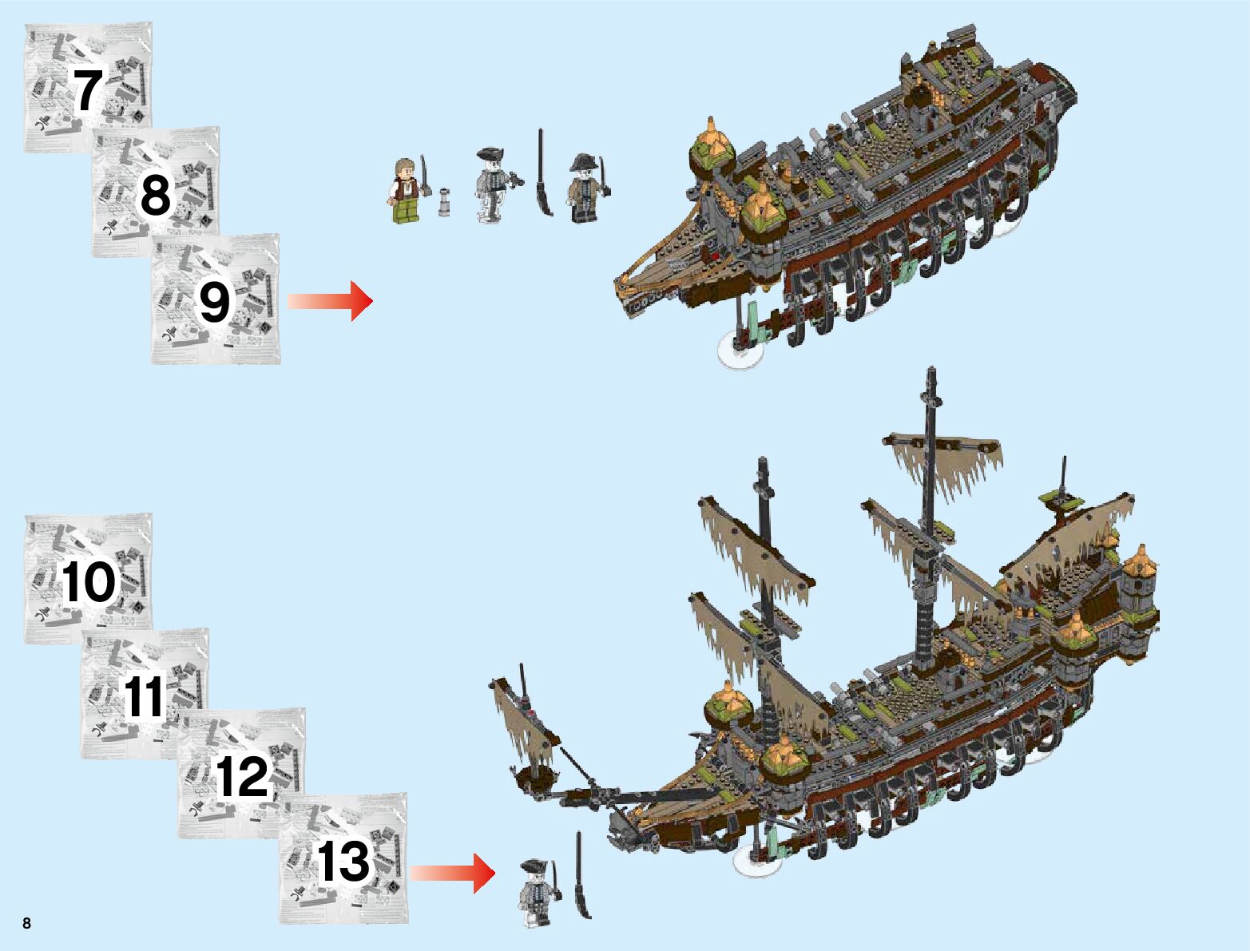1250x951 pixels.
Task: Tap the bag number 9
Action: pyautogui.click(x=214, y=303)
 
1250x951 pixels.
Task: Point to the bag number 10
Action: pyautogui.click(x=88, y=581)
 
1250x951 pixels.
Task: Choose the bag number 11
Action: pyautogui.click(x=145, y=696)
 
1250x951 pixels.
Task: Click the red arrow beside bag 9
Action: pyautogui.click(x=331, y=301)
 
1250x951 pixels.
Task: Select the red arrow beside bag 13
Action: pyautogui.click(x=453, y=874)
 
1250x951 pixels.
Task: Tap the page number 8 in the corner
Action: pyautogui.click(x=27, y=924)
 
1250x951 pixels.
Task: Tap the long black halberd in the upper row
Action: pyautogui.click(x=544, y=172)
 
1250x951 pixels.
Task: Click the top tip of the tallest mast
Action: pyautogui.click(x=931, y=371)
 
